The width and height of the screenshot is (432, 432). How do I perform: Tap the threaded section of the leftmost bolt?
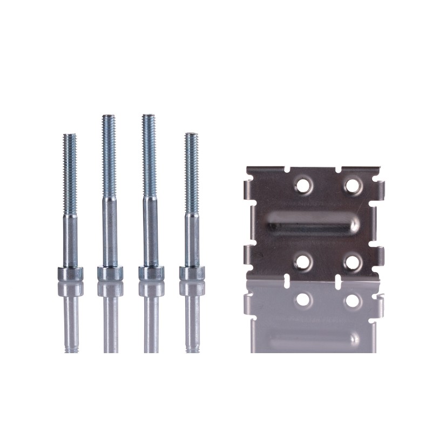point(70,173)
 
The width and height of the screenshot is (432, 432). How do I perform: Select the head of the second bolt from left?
point(110,273)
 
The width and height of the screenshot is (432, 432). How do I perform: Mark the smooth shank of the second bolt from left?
point(110,232)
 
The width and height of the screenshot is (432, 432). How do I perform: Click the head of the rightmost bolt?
point(192,273)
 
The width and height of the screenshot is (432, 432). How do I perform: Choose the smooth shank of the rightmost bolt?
point(192,240)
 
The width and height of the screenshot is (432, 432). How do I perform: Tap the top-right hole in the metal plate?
point(353,186)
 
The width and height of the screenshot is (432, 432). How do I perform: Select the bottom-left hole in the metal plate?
point(303,262)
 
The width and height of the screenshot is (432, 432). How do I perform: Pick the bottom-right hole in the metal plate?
point(353,262)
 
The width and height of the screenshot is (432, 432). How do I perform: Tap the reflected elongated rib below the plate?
point(313,339)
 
